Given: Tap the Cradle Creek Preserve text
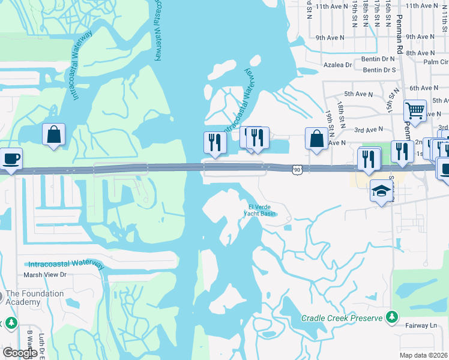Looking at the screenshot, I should coord(342,318).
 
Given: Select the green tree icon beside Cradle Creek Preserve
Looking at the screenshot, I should coord(392,316).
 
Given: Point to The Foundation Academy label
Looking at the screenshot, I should coord(34,298).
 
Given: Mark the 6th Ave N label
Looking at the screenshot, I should coord(424,88).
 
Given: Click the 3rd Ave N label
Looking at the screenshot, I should coord(369,129).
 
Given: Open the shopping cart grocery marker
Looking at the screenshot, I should coord(415,110).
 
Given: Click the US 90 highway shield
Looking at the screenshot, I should coord(298,170).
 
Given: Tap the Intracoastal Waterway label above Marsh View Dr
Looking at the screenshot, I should coord(67,265).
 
